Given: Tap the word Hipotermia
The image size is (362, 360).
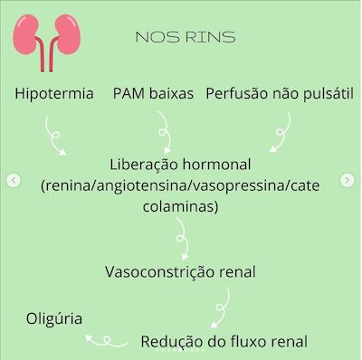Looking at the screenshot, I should tap(54, 94).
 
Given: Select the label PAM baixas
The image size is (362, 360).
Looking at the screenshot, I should tap(154, 94).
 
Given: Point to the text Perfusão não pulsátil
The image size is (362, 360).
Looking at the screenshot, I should tap(279, 94).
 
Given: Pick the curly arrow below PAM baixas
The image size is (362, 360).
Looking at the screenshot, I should tap(165, 136).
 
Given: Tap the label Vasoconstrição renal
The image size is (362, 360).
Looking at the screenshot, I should tap(180, 271).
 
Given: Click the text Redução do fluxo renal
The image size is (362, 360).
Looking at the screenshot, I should tap(224, 341).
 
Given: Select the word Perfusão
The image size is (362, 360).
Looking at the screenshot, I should tap(238, 94).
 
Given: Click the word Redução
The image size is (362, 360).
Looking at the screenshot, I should tap(172, 341).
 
